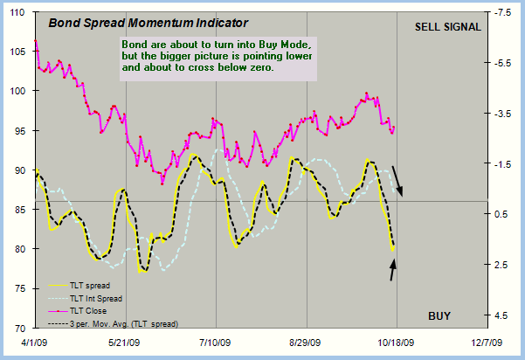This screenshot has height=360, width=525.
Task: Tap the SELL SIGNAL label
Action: tap(448, 27)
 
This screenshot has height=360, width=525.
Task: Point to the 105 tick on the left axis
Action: tap(21, 52)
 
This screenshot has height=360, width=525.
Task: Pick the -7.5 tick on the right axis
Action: tap(503, 13)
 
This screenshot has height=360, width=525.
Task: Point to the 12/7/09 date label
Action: tap(487, 344)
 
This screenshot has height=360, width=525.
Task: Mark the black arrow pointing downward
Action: tap(397, 181)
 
